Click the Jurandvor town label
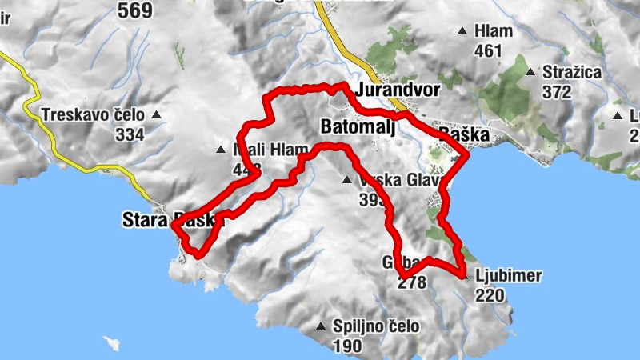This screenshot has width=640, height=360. [x=399, y=90]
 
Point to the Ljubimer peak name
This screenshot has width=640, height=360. [x=508, y=277]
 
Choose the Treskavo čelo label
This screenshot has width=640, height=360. [x=95, y=114]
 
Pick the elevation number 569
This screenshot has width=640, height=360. [x=136, y=10]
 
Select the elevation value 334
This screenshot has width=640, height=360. [x=130, y=134]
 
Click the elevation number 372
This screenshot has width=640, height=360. [x=558, y=92]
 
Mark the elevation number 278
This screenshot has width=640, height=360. [x=412, y=282]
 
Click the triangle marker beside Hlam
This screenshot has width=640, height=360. [x=462, y=32]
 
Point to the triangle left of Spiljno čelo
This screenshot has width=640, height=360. [x=321, y=326]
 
